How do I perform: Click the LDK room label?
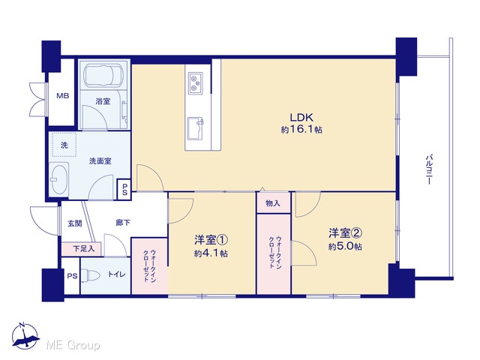pyautogui.click(x=301, y=118)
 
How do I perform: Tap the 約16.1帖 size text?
pyautogui.click(x=301, y=130)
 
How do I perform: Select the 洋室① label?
pyautogui.click(x=211, y=240)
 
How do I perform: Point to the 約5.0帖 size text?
pyautogui.click(x=345, y=247)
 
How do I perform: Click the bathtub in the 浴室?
pyautogui.click(x=103, y=75)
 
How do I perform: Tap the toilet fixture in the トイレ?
pyautogui.click(x=91, y=276)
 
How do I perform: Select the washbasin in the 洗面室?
pyautogui.click(x=58, y=180)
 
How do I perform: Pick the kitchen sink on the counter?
pyautogui.click(x=196, y=128)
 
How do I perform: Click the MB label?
pyautogui.click(x=63, y=96)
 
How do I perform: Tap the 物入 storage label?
pyautogui.click(x=273, y=203)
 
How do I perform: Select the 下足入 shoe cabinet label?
pyautogui.click(x=83, y=249)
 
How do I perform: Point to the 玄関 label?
pyautogui.click(x=75, y=223)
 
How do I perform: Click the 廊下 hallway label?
pyautogui.click(x=123, y=223)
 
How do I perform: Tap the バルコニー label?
pyautogui.click(x=429, y=169)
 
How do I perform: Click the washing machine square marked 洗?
pyautogui.click(x=64, y=145)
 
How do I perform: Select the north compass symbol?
pyautogui.click(x=25, y=337)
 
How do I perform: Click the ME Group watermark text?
pyautogui.click(x=73, y=346)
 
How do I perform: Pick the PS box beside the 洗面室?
pyautogui.click(x=124, y=189)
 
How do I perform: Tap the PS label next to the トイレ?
pyautogui.click(x=72, y=276)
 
